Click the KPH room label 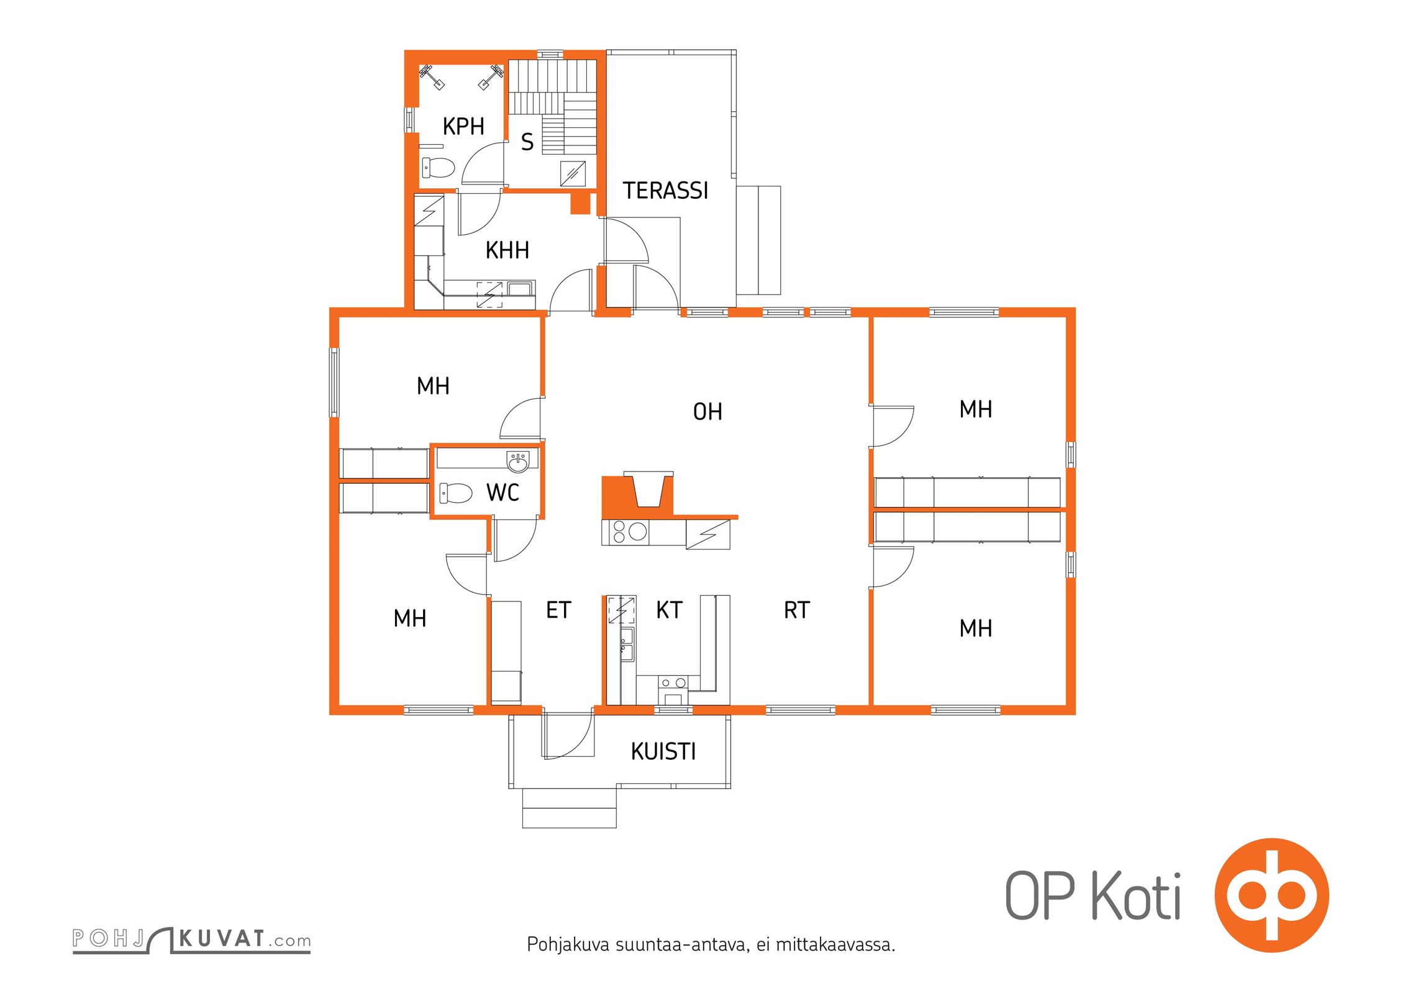(463, 126)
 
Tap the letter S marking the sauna (527, 142)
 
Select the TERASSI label (665, 191)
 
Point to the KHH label (507, 250)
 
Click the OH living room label (707, 411)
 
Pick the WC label (502, 493)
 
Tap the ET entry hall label (558, 610)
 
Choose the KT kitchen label (669, 610)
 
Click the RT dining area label (797, 610)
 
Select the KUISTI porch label (663, 752)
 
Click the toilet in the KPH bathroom (439, 167)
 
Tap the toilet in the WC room (455, 493)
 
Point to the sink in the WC (518, 462)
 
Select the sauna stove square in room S (573, 173)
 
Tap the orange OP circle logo (1271, 895)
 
